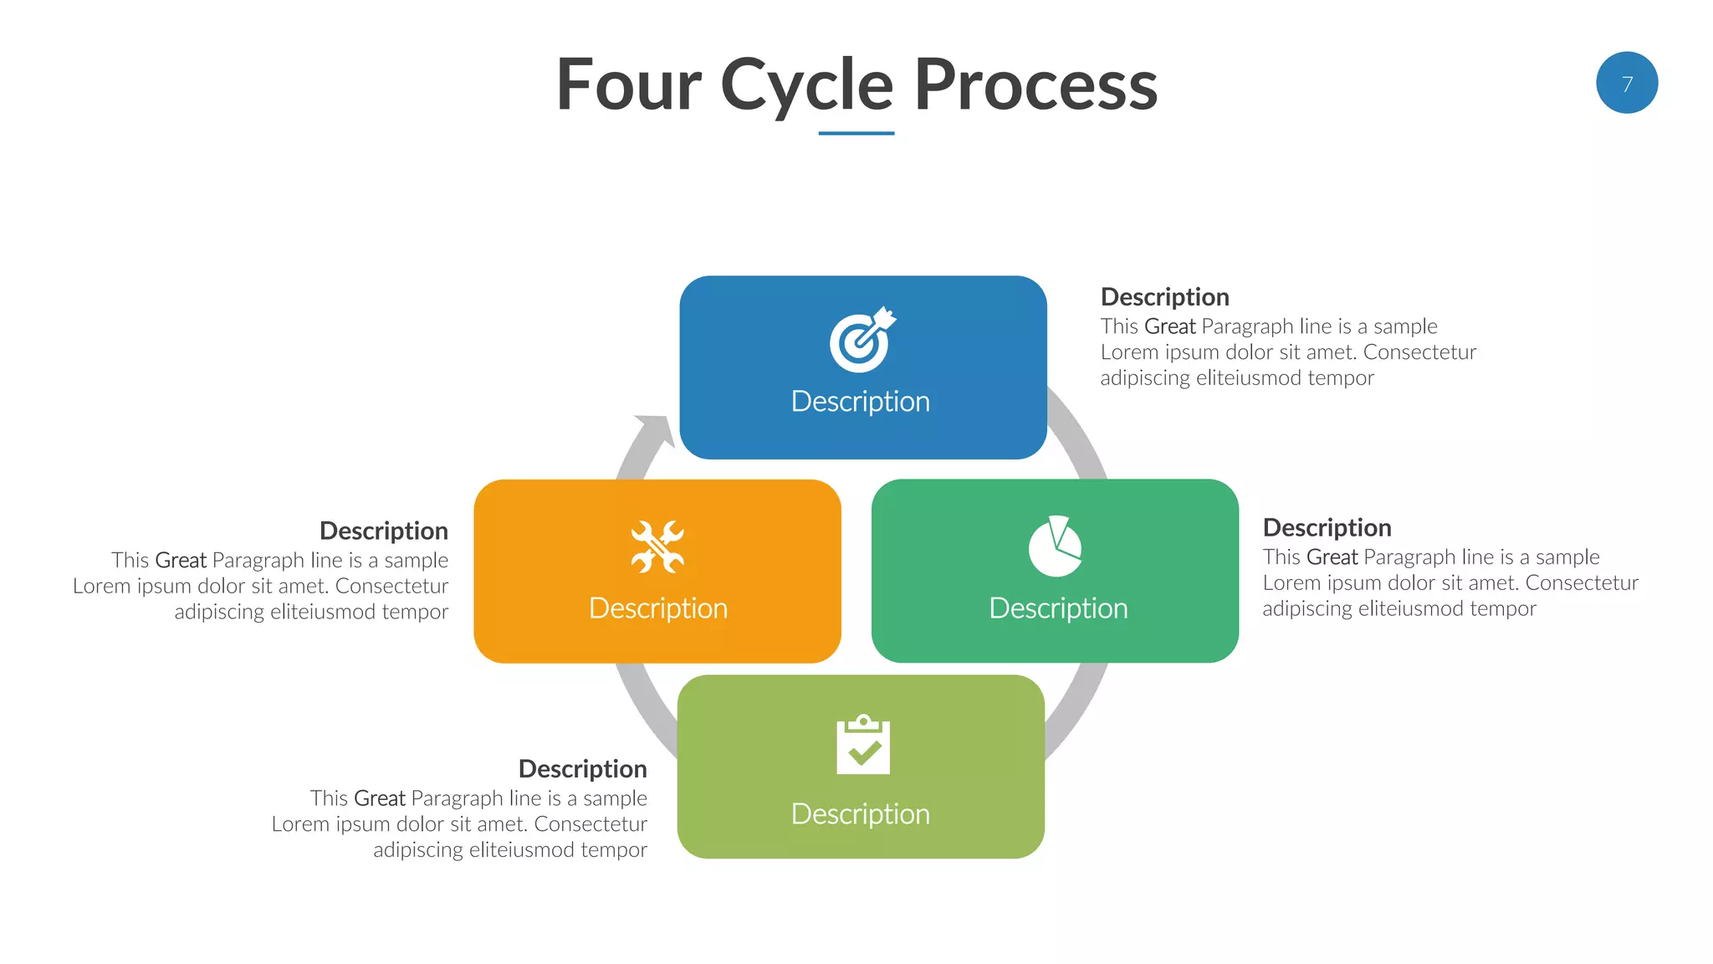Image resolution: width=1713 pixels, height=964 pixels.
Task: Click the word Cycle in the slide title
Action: click(x=806, y=85)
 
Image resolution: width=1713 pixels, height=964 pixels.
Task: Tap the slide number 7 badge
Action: click(x=1626, y=83)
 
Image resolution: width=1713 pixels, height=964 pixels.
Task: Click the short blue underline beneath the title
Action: click(x=856, y=133)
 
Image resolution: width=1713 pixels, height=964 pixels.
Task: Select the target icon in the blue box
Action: click(x=862, y=340)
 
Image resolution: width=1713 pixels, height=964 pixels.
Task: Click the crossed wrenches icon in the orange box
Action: click(x=657, y=547)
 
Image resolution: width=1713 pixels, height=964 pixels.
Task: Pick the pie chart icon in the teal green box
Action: click(x=1055, y=546)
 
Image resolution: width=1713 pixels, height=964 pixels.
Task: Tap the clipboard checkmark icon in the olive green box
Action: click(x=862, y=745)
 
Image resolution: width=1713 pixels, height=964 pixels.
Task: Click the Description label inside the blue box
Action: click(x=860, y=402)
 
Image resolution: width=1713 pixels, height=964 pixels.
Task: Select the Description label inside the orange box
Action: click(x=657, y=608)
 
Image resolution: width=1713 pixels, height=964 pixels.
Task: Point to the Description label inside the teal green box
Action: click(x=1058, y=608)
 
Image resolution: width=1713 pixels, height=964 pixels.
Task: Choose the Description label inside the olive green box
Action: click(x=860, y=814)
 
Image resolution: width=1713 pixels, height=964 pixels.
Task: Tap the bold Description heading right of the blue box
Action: click(x=1164, y=297)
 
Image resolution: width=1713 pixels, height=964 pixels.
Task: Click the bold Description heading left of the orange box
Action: click(x=384, y=531)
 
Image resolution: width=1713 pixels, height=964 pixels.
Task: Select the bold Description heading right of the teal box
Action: click(x=1327, y=528)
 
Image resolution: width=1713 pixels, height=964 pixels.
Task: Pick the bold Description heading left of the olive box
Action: click(x=582, y=769)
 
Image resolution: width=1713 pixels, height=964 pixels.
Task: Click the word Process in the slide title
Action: click(x=1035, y=85)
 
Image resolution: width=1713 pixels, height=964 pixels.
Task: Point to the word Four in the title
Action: click(x=629, y=85)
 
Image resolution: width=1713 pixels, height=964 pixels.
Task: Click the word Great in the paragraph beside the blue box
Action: click(x=1169, y=326)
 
